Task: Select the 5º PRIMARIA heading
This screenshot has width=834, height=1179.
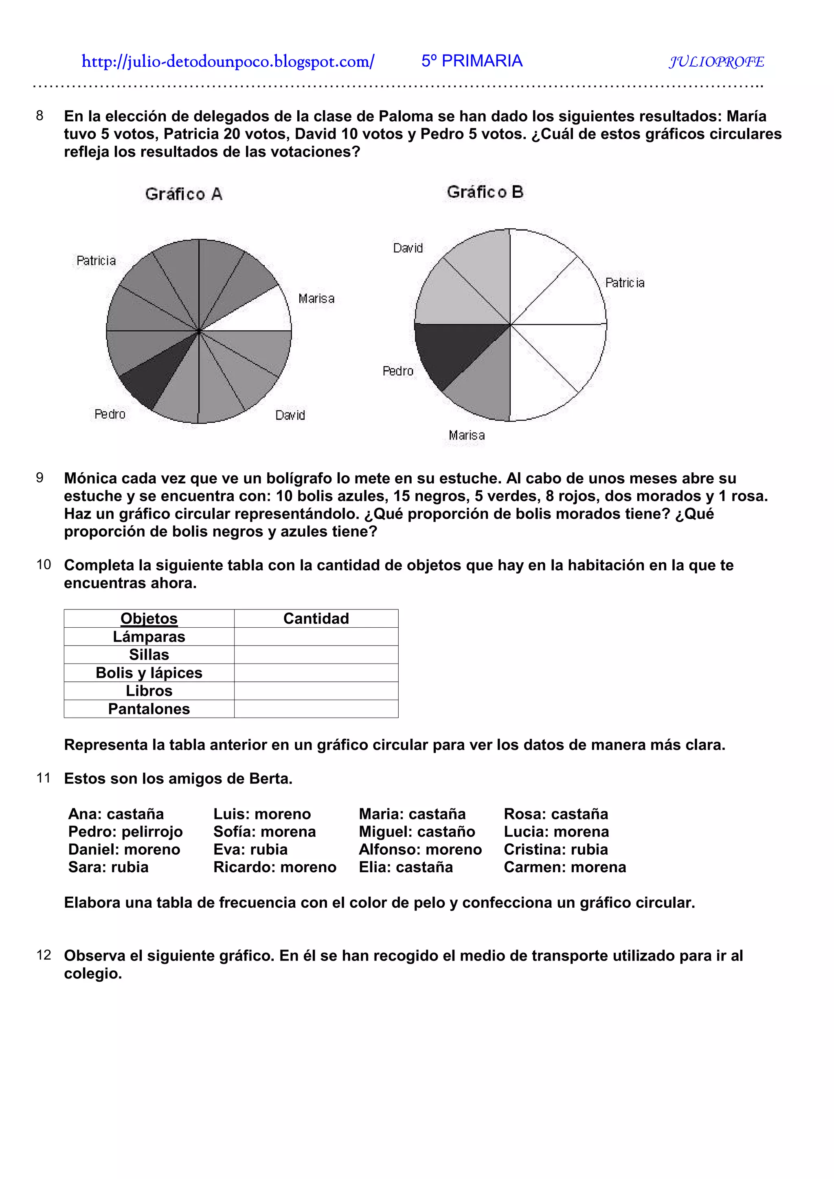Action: pyautogui.click(x=471, y=61)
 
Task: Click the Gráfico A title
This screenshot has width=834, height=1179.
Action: pyautogui.click(x=183, y=194)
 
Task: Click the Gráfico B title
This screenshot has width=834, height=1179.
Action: pyautogui.click(x=485, y=192)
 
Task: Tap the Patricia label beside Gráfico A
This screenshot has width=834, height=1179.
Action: pyautogui.click(x=96, y=261)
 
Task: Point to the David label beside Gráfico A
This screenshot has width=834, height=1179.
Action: pyautogui.click(x=290, y=415)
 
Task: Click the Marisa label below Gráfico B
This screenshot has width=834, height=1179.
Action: pyautogui.click(x=466, y=435)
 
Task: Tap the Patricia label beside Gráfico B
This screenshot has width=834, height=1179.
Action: pyautogui.click(x=624, y=283)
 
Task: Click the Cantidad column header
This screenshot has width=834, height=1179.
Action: pyautogui.click(x=316, y=618)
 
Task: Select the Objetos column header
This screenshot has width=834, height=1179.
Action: pyautogui.click(x=149, y=618)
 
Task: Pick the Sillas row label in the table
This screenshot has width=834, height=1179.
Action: pyautogui.click(x=149, y=654)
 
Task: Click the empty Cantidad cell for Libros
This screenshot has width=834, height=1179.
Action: pyautogui.click(x=316, y=691)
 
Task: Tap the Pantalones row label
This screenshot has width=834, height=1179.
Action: pyautogui.click(x=149, y=709)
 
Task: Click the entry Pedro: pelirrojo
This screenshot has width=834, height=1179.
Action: pyautogui.click(x=125, y=831)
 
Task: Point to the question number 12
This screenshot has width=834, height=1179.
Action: pyautogui.click(x=44, y=955)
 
